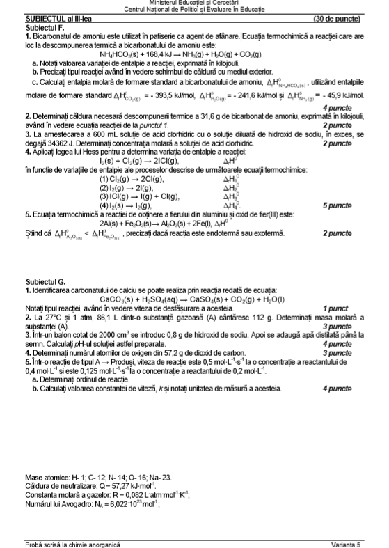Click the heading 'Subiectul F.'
tap(43, 26)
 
